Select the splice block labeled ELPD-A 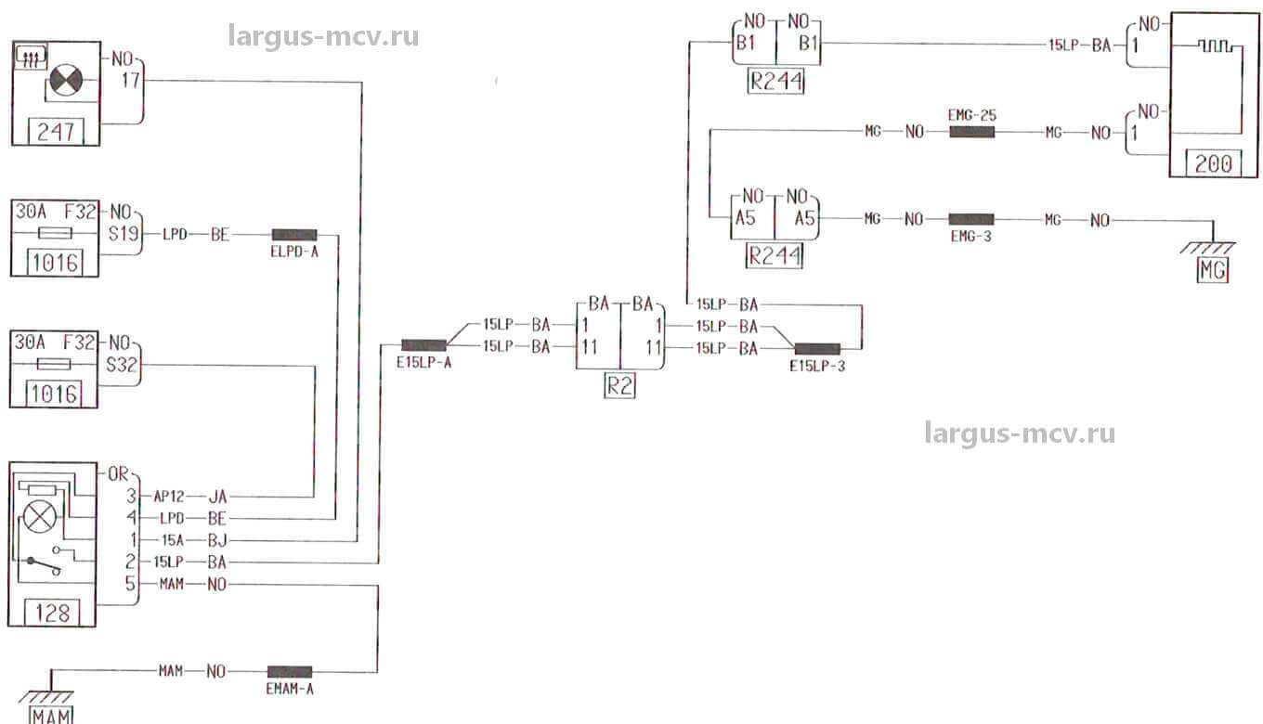coord(294,235)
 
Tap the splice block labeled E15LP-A coord(423,345)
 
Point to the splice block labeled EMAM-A coord(290,671)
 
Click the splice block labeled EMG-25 coord(971,133)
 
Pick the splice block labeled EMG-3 coord(970,220)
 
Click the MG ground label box coord(1213,270)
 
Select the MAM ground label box coord(51,715)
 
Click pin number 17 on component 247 coord(130,81)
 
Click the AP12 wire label coord(170,497)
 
